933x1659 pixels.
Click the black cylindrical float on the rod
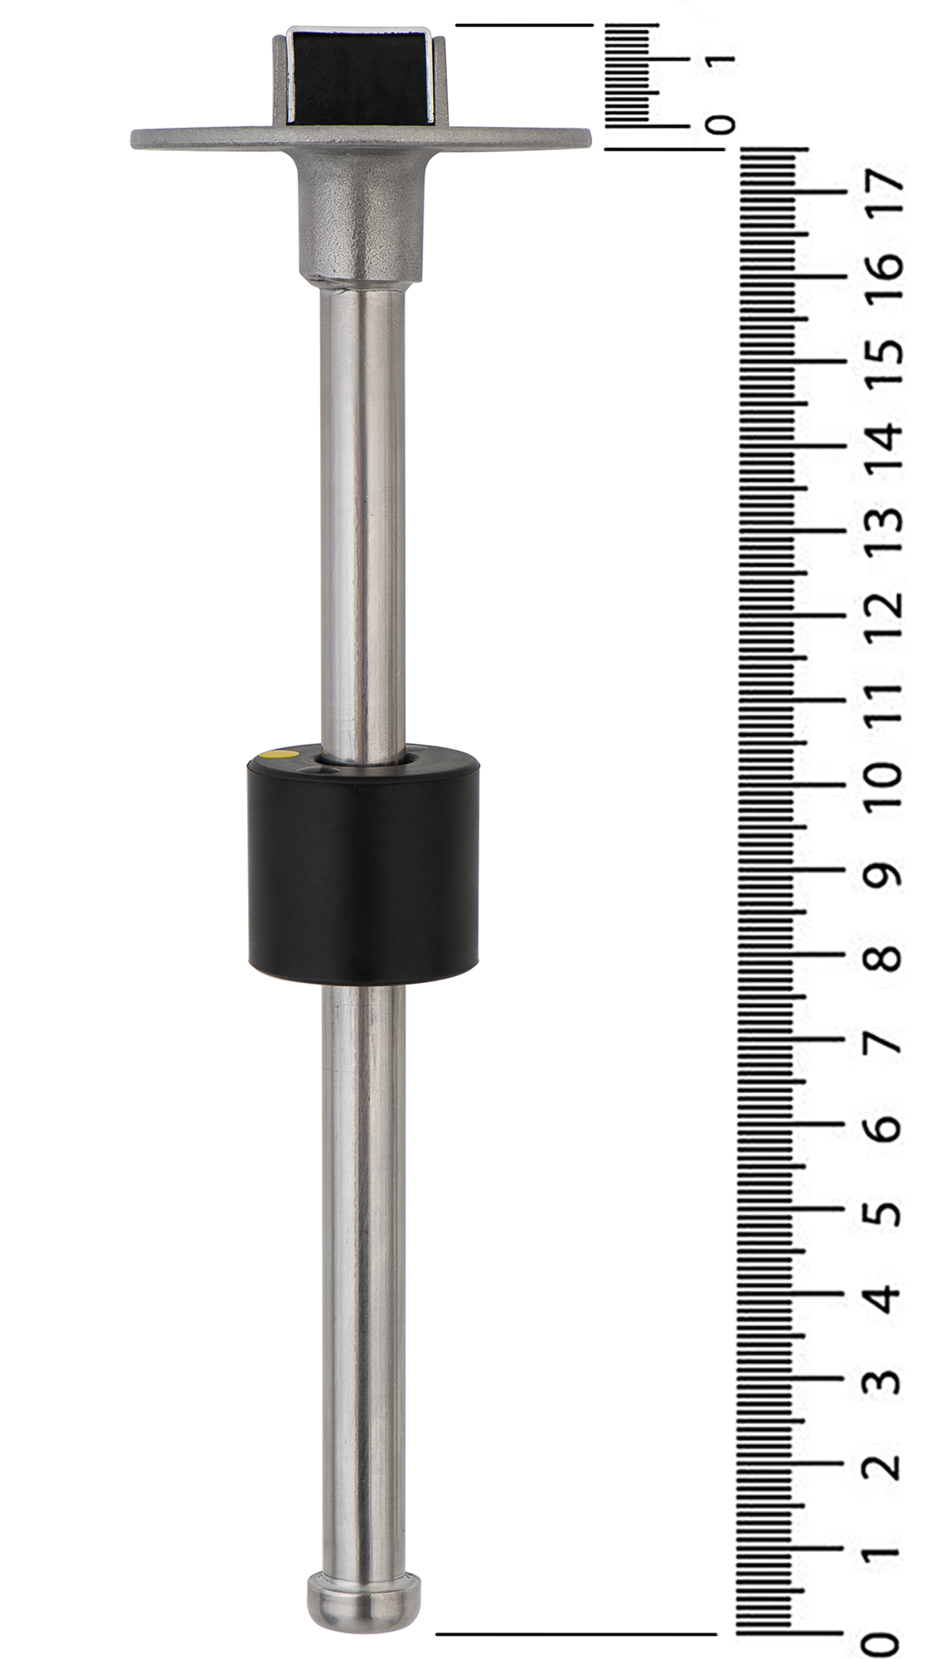pos(363,864)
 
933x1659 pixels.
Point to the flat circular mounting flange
pos(361,138)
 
